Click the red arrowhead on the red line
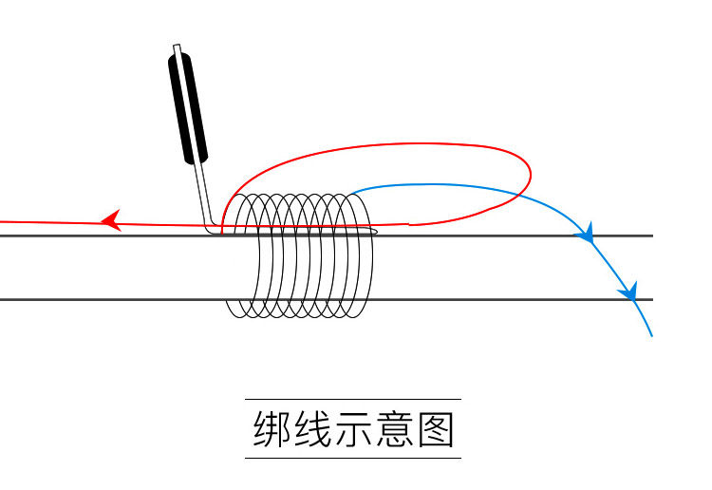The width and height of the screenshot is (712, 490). click(111, 221)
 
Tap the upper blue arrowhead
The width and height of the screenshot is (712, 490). click(587, 232)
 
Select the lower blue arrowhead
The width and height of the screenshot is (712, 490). click(628, 291)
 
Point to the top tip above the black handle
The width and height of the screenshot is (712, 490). click(177, 47)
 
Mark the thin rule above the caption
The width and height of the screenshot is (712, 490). click(353, 399)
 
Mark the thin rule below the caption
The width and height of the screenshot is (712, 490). click(353, 459)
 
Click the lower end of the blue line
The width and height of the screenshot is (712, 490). click(651, 335)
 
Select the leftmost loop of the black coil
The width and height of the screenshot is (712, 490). click(237, 256)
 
